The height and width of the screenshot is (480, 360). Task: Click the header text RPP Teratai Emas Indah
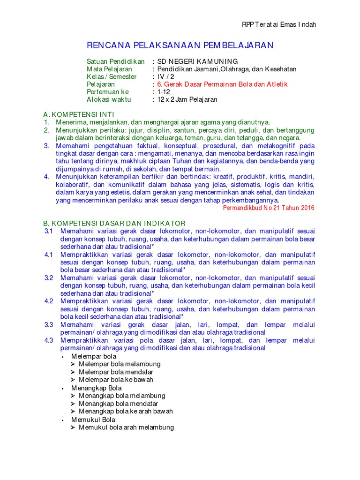(278, 24)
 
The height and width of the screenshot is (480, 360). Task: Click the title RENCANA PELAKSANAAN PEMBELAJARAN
(180, 45)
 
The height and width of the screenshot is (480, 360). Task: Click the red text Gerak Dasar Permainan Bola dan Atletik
(222, 84)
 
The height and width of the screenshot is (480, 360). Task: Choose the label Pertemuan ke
(108, 92)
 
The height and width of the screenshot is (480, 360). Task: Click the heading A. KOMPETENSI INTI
(78, 114)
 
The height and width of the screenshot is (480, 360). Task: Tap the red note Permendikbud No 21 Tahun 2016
(269, 208)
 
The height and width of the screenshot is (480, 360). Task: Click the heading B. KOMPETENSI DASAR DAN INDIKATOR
(114, 223)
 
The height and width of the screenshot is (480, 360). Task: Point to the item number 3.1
(49, 231)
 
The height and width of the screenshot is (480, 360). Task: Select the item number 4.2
(49, 301)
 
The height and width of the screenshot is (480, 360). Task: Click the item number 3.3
(49, 324)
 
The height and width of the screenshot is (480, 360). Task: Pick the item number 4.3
(49, 340)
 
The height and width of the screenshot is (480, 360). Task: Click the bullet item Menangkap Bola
(96, 388)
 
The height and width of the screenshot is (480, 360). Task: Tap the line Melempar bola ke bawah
(116, 380)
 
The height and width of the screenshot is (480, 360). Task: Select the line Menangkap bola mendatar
(118, 404)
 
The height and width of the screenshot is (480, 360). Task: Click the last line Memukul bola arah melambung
(126, 427)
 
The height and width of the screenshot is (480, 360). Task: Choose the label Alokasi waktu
(109, 99)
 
